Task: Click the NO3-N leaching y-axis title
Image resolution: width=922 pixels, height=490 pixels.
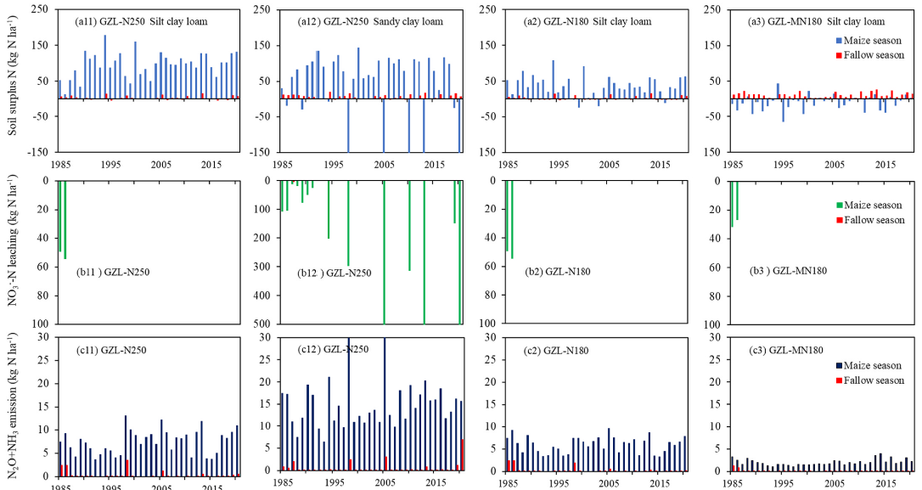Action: [x=9, y=252]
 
